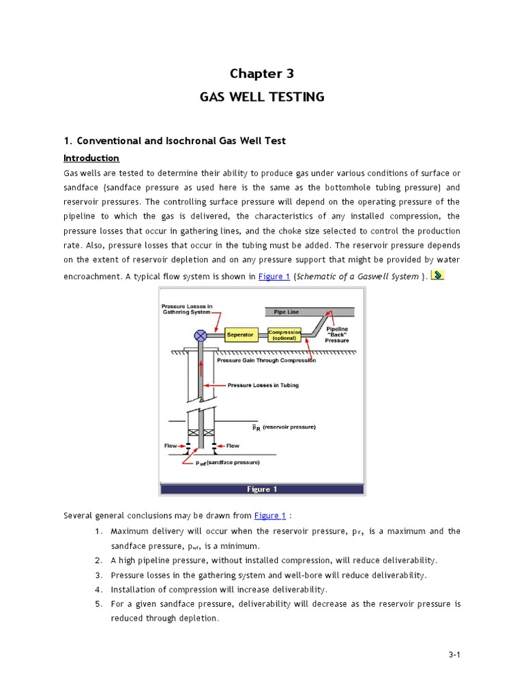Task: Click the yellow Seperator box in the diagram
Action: pyautogui.click(x=239, y=335)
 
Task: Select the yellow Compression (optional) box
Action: pyautogui.click(x=285, y=335)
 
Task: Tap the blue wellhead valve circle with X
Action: pyautogui.click(x=201, y=335)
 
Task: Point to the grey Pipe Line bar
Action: pyautogui.click(x=308, y=312)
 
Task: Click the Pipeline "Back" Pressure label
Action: pyautogui.click(x=337, y=334)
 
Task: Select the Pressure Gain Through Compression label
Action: pyautogui.click(x=266, y=360)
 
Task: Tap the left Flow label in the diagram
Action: pyautogui.click(x=171, y=446)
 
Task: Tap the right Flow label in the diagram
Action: pyautogui.click(x=233, y=446)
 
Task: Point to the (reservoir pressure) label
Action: pyautogui.click(x=289, y=427)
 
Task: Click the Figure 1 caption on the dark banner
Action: pyautogui.click(x=262, y=489)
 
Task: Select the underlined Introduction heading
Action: pyautogui.click(x=91, y=158)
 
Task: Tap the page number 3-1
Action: pyautogui.click(x=455, y=655)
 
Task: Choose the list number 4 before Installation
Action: pyautogui.click(x=99, y=589)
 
